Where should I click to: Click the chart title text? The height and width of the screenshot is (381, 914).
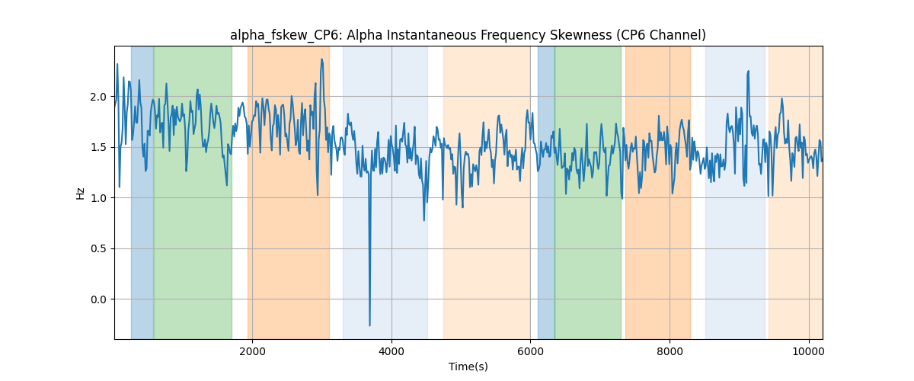click(468, 35)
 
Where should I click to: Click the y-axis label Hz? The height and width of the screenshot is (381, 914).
click(81, 194)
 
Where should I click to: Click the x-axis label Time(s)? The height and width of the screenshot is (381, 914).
click(468, 367)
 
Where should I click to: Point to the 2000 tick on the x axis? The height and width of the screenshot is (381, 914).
click(253, 351)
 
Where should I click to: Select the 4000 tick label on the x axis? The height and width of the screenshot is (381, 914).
click(391, 351)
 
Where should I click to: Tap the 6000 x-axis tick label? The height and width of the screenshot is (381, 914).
click(530, 351)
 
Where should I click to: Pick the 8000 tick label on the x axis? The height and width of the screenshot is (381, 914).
click(670, 351)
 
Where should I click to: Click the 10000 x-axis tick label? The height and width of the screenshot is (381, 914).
click(809, 351)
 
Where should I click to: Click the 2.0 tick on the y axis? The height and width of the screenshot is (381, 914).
click(98, 97)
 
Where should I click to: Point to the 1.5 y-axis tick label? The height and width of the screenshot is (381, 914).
click(98, 147)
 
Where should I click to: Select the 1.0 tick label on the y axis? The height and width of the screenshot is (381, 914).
click(98, 198)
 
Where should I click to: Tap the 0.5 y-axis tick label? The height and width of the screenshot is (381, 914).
click(98, 248)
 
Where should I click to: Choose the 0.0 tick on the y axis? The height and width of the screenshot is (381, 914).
click(98, 299)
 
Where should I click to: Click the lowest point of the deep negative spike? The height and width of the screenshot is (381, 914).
click(369, 325)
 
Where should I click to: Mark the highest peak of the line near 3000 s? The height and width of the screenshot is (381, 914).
click(322, 59)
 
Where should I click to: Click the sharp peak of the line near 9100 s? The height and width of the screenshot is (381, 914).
click(748, 72)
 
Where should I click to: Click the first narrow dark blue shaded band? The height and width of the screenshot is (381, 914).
click(142, 192)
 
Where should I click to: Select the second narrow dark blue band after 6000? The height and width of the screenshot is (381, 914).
click(546, 192)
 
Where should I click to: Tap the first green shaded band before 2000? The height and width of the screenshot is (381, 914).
click(193, 192)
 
